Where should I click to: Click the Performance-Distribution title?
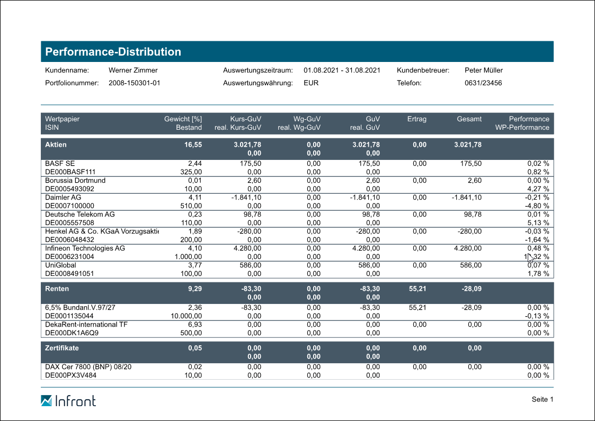113,52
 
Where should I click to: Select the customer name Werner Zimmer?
133,70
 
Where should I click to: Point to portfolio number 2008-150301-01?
134,83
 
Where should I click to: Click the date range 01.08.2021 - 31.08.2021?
342,70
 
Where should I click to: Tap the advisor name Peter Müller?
483,70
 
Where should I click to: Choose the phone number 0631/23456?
483,83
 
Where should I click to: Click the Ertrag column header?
416,119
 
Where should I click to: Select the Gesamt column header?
469,119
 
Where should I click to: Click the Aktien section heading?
56,145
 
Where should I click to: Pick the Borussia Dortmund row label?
75,181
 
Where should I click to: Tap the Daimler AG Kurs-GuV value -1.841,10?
246,198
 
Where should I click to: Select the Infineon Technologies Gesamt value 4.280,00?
467,248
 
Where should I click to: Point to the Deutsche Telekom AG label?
79,214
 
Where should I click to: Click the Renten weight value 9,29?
194,289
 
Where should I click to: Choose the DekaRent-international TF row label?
86,325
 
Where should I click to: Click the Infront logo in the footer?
68,400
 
